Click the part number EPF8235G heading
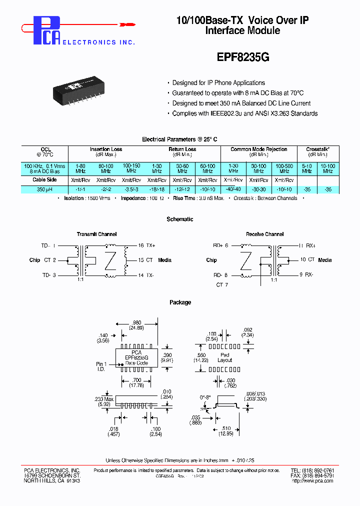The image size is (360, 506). pos(243,57)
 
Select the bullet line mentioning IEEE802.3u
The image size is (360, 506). pos(244,113)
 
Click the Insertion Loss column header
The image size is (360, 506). pos(105,149)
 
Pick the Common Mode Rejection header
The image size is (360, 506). pos(258,149)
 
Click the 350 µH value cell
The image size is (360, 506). pos(44,189)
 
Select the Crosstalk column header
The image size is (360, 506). pos(317,149)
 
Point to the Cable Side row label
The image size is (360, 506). pos(44,179)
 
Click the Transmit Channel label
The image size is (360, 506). pos(96,234)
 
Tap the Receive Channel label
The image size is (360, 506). pos(264,234)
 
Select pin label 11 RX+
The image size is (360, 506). pos(307,245)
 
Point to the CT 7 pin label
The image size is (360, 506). pos(222,284)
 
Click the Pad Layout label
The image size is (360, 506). pos(224,356)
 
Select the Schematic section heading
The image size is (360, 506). pos(179,219)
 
